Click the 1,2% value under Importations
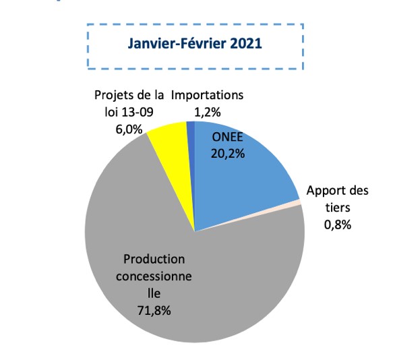(x=207, y=112)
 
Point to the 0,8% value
(x=337, y=225)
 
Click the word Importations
(x=207, y=96)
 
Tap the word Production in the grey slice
(x=154, y=259)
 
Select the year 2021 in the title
(x=241, y=44)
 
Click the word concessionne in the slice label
(x=154, y=276)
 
